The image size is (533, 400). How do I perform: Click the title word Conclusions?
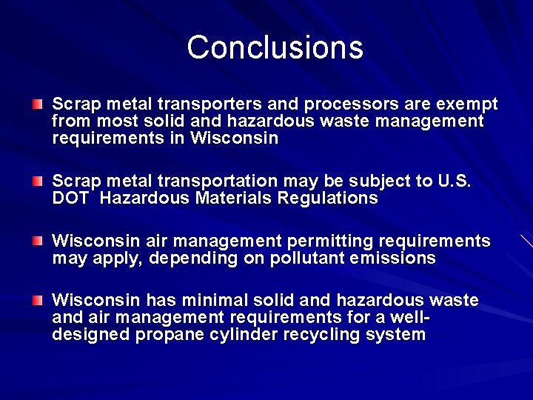(275, 47)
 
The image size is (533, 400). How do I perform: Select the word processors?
(337, 104)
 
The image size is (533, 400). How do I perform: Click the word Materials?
(237, 199)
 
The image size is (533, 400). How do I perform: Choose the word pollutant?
(288, 259)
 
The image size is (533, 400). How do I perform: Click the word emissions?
(389, 259)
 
